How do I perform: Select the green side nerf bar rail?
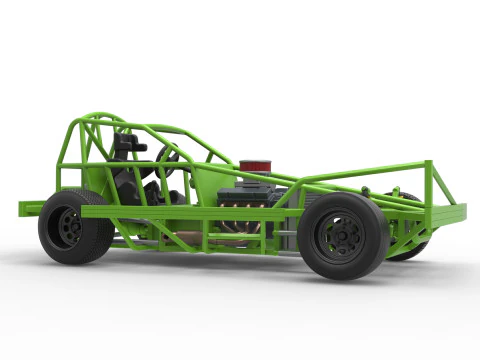pyautogui.click(x=190, y=211)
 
